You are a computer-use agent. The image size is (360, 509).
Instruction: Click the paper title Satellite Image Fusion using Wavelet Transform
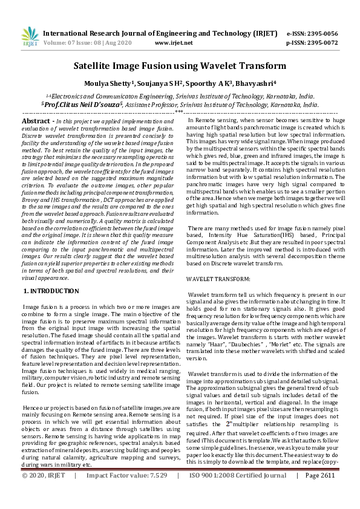180,65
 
